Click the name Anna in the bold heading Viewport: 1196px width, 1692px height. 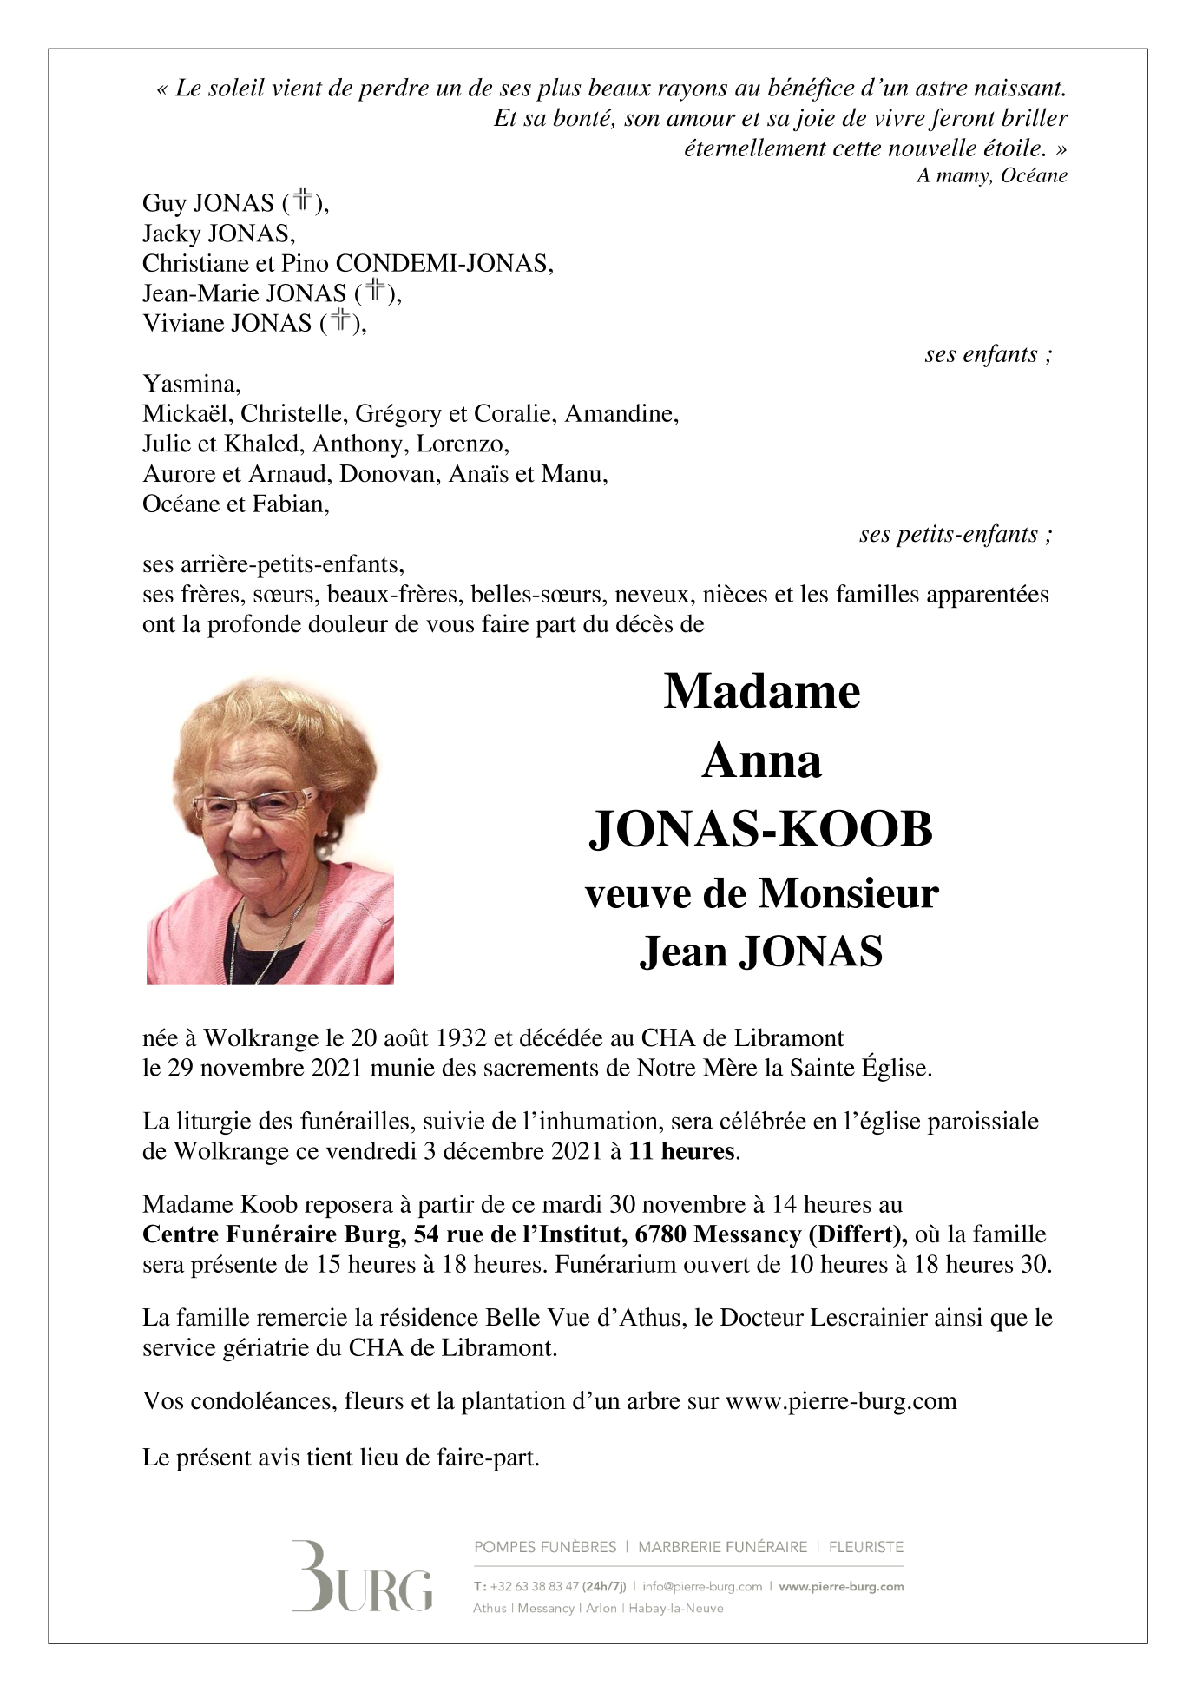[761, 761]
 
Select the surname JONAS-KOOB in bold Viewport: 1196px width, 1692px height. [761, 829]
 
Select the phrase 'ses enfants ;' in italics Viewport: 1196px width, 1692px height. [989, 354]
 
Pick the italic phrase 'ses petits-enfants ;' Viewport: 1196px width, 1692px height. [956, 534]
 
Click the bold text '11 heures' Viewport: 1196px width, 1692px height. [682, 1151]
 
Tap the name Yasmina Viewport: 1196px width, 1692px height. [191, 384]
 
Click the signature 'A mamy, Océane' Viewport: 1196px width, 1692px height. [991, 176]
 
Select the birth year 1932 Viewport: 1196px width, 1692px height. [461, 1038]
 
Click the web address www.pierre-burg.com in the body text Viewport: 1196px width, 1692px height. [840, 1401]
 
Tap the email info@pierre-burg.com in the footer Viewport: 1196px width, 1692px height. [702, 1586]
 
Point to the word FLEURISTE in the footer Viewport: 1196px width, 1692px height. [865, 1547]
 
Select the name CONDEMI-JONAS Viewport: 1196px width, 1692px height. [444, 263]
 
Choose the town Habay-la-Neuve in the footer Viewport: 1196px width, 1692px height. [675, 1608]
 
